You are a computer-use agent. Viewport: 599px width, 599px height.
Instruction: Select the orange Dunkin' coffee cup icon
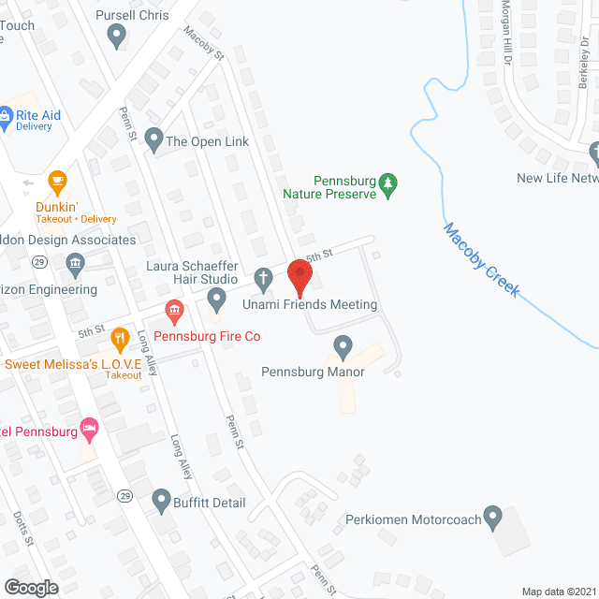pyautogui.click(x=57, y=181)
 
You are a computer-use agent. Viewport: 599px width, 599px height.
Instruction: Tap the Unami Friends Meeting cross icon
pyautogui.click(x=265, y=277)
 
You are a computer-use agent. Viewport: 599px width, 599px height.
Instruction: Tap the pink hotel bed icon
pyautogui.click(x=90, y=430)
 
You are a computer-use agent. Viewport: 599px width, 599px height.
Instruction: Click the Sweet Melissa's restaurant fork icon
pyautogui.click(x=119, y=337)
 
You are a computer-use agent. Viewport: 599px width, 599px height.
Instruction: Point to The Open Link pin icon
pyautogui.click(x=153, y=140)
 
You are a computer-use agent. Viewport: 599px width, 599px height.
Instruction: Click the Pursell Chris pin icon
pyautogui.click(x=117, y=37)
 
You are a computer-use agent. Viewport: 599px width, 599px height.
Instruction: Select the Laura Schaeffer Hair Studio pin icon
pyautogui.click(x=217, y=299)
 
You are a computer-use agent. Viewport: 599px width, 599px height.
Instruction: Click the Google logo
pyautogui.click(x=30, y=587)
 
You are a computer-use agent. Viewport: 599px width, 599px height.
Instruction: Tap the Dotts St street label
pyautogui.click(x=22, y=529)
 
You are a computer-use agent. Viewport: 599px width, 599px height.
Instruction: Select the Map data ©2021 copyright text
pyautogui.click(x=558, y=592)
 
